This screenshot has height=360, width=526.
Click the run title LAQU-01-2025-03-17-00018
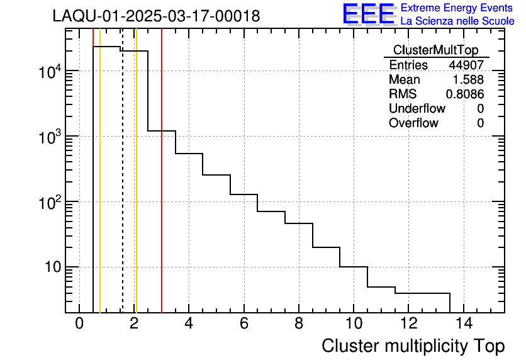pos(156,16)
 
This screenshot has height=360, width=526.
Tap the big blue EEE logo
pos(369,14)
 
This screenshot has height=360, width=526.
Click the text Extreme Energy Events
pos(457,8)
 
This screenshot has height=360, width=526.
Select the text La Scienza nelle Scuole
pos(457,21)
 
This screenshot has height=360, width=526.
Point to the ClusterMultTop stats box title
pos(435,50)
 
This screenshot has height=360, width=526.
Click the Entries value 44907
pos(466,65)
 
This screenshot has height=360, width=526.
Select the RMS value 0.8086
pos(465,94)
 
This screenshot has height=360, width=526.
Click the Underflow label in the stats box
pos(417,109)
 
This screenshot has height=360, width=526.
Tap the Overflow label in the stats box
pos(413,123)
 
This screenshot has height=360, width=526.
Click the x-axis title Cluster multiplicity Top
pos(413,346)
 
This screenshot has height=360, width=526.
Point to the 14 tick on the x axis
pos(463,324)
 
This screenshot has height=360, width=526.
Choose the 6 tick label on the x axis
pos(243,324)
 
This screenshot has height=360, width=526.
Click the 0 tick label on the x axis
pos(79,324)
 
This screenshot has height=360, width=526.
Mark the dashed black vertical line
pos(122,189)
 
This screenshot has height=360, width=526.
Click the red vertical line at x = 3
pos(162,189)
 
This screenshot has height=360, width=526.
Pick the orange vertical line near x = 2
pos(136,189)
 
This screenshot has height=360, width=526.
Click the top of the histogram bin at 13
pos(436,293)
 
